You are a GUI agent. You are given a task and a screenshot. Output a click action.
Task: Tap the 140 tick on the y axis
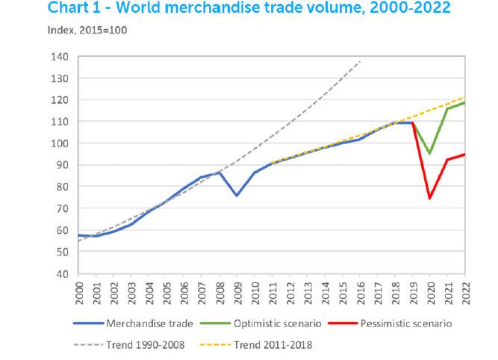[x=60, y=57]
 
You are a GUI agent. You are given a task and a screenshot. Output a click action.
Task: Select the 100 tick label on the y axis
[x=60, y=143]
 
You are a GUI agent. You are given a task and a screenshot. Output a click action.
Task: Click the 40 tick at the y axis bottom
[x=62, y=273]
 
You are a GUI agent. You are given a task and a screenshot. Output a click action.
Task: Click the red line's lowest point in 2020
[x=430, y=199]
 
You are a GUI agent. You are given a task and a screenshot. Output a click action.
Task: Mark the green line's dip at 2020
[x=430, y=154]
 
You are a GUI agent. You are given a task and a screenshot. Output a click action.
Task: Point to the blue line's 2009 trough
[x=237, y=196]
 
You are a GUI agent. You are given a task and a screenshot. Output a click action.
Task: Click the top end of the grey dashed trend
[x=360, y=60]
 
